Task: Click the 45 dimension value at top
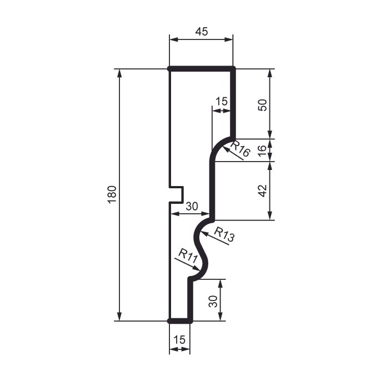pos(202,32)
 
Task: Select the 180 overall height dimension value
pos(112,194)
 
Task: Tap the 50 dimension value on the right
pos(262,105)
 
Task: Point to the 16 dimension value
pos(262,151)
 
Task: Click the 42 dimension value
pos(262,190)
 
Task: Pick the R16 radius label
pos(240,148)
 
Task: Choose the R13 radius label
pos(224,234)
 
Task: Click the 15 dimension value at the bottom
pos(179,339)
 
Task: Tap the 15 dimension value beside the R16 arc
pos(222,101)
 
